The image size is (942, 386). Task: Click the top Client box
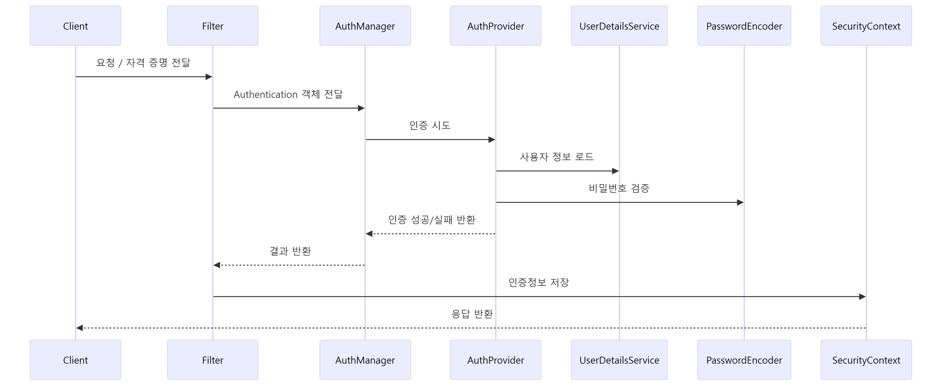click(x=75, y=26)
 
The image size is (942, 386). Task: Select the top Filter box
click(x=213, y=26)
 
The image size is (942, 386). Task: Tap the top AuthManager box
click(x=365, y=26)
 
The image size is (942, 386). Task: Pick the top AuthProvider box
click(x=495, y=26)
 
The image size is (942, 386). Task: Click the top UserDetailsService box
click(x=619, y=26)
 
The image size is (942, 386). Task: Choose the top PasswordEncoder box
click(x=744, y=26)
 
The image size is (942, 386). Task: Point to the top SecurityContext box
click(x=866, y=26)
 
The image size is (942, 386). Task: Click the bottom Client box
click(x=75, y=360)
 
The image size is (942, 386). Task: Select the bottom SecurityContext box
click(x=866, y=360)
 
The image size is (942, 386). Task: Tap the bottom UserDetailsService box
click(x=619, y=360)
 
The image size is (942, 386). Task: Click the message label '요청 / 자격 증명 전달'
click(x=143, y=63)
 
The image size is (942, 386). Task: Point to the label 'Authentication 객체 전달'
click(x=288, y=94)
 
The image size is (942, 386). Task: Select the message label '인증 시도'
click(x=430, y=125)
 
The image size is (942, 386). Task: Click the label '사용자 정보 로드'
click(x=557, y=157)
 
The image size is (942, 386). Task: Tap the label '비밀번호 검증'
click(x=619, y=188)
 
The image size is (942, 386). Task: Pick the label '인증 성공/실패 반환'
click(x=432, y=220)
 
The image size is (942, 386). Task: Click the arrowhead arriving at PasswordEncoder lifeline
click(x=740, y=202)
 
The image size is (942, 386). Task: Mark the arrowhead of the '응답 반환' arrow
click(x=79, y=328)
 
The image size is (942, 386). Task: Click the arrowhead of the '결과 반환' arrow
click(x=217, y=265)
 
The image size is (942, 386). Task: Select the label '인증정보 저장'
click(x=539, y=282)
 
